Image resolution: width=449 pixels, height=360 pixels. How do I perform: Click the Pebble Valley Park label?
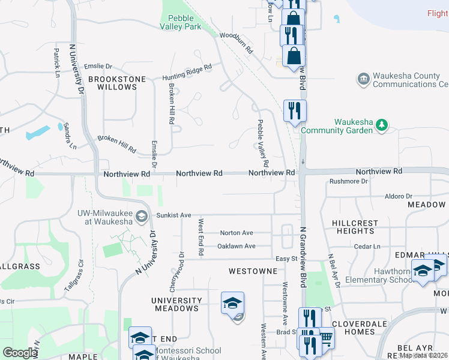(181, 22)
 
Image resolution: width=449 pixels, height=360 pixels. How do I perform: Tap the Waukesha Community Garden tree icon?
(381, 125)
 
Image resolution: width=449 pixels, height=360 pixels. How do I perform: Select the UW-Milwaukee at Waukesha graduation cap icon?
(142, 216)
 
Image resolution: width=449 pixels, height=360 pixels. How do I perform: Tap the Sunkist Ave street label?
(173, 215)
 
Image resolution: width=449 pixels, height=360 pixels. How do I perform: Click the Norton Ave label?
(237, 233)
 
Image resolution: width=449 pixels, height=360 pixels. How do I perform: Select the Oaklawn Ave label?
(237, 246)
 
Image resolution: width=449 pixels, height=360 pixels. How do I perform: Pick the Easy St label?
(286, 259)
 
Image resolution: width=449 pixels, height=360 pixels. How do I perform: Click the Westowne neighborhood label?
(253, 271)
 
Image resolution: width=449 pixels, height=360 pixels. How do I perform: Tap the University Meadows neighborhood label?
(176, 304)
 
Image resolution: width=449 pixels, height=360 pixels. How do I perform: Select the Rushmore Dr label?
(349, 181)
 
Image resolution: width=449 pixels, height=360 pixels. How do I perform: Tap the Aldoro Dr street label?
(399, 196)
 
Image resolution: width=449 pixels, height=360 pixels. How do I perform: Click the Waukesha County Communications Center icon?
(363, 79)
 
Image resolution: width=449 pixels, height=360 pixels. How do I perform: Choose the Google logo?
(20, 353)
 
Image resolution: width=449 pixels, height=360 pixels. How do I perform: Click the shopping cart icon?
(326, 338)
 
